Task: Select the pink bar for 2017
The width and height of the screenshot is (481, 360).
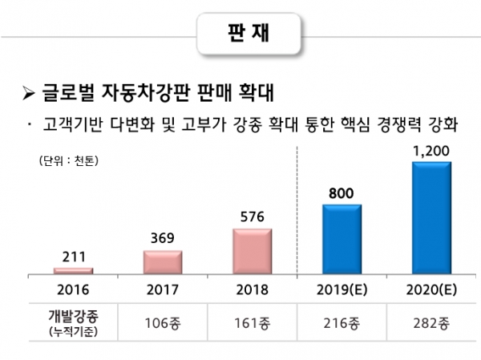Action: [163, 262]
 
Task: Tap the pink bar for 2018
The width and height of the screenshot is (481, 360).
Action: [252, 251]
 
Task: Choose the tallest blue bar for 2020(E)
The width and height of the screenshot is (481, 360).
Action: [430, 217]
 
